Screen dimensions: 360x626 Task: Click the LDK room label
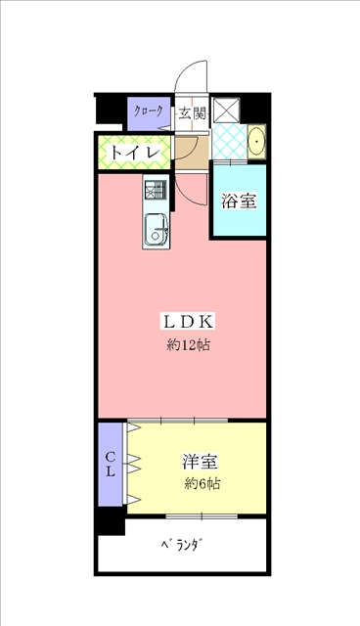click(188, 322)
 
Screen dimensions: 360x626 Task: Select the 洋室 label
click(201, 462)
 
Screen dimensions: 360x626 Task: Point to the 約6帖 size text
click(202, 484)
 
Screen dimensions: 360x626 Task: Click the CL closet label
click(111, 464)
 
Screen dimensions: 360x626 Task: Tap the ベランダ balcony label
click(182, 545)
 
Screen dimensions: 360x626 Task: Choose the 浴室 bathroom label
click(239, 201)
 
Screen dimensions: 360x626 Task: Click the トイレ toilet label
click(135, 153)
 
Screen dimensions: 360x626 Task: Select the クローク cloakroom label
click(149, 112)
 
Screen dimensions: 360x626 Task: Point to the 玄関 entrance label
click(192, 113)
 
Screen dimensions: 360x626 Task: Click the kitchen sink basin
click(157, 230)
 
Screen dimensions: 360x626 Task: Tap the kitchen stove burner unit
click(156, 190)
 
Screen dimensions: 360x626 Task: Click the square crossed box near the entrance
click(226, 110)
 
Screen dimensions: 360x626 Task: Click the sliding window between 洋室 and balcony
click(202, 516)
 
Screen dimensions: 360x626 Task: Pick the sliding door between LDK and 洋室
click(178, 420)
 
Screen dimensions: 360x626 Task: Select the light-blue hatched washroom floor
click(230, 141)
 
